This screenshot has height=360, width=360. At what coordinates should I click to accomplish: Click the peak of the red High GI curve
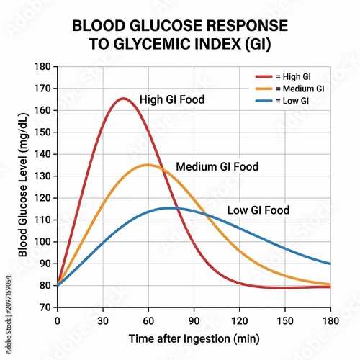[x=123, y=99]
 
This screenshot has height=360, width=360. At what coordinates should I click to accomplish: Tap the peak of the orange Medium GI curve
[x=148, y=165]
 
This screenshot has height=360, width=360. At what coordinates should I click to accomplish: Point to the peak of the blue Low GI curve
[x=171, y=208]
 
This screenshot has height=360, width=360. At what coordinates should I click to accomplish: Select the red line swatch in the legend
[x=264, y=76]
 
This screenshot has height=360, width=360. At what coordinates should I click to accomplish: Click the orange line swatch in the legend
[x=264, y=89]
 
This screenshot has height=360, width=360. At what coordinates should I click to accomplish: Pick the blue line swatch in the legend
[x=264, y=101]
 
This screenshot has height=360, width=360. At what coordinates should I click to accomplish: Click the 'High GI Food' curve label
[x=172, y=99]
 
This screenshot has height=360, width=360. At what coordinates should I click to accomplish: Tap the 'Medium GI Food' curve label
[x=217, y=166]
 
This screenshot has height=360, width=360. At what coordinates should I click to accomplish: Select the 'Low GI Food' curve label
[x=258, y=210]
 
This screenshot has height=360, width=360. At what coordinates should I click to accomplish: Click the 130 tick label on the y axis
[x=42, y=176]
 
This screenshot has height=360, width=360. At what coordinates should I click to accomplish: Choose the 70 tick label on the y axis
[x=45, y=307]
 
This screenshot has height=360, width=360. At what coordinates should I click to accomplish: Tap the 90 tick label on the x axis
[x=194, y=321]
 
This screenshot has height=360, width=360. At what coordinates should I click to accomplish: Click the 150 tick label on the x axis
[x=285, y=321]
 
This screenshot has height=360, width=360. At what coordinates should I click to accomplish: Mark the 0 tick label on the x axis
[x=58, y=321]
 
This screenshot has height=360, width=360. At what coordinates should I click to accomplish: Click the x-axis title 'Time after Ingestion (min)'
[x=194, y=339]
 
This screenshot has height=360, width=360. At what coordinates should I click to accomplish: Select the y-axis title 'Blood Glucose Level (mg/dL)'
[x=23, y=185]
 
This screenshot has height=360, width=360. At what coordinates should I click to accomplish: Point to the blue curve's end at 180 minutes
[x=330, y=264]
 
